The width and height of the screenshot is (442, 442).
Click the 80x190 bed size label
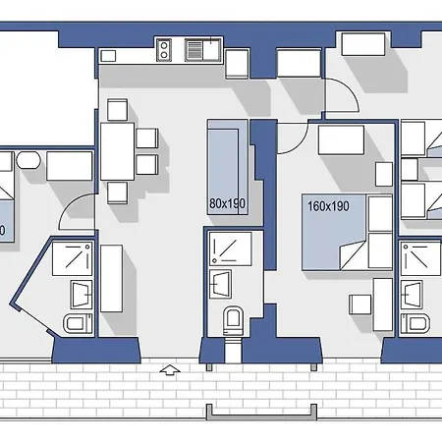(x=227, y=203)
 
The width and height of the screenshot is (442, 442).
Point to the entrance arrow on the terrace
(x=169, y=370)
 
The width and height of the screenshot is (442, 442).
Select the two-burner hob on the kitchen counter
(x=165, y=47)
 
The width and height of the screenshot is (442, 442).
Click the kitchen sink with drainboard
(x=204, y=47)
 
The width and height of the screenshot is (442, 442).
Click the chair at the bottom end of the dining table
(x=117, y=193)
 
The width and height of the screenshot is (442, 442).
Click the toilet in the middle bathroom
(x=233, y=319)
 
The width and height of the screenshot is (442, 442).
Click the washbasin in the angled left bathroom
(x=80, y=292)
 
